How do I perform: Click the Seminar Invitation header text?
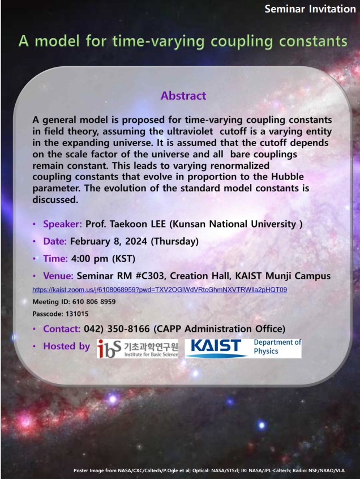(310, 10)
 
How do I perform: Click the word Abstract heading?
(183, 96)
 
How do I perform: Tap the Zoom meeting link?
(160, 290)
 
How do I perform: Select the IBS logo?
(138, 348)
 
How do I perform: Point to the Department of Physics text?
(277, 347)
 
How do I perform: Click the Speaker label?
(62, 224)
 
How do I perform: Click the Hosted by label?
(66, 346)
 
